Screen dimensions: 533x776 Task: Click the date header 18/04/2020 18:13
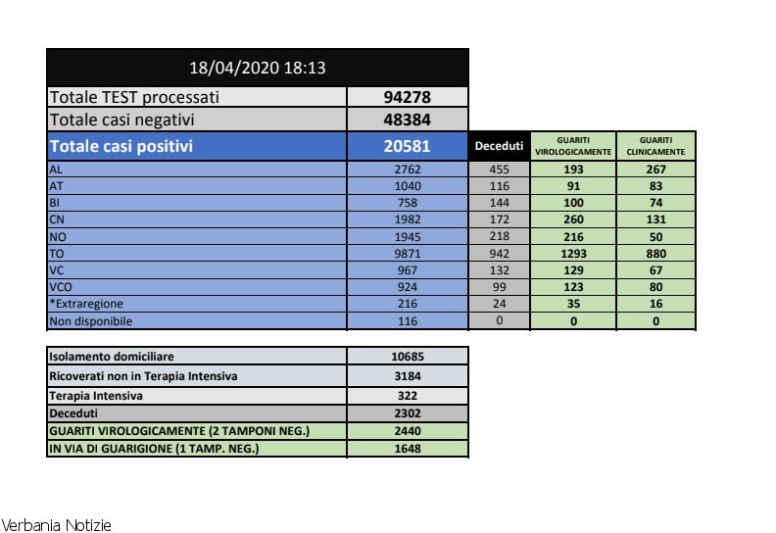pyautogui.click(x=257, y=68)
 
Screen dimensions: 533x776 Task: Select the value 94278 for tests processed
pyautogui.click(x=408, y=97)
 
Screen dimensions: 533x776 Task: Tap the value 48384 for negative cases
pyautogui.click(x=408, y=120)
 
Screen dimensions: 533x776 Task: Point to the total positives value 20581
pyautogui.click(x=408, y=146)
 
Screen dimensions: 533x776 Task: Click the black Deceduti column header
pyautogui.click(x=500, y=146)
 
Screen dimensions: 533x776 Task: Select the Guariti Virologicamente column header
pyautogui.click(x=573, y=146)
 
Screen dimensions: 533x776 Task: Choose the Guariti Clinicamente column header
pyautogui.click(x=655, y=146)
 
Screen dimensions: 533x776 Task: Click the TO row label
pyautogui.click(x=58, y=252)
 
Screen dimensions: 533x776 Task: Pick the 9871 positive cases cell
pyautogui.click(x=408, y=252)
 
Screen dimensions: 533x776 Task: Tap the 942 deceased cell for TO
pyautogui.click(x=500, y=252)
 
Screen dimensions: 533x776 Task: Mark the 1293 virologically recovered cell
pyautogui.click(x=573, y=252)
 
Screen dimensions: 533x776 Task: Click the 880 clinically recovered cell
pyautogui.click(x=655, y=252)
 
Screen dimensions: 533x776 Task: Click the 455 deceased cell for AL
pyautogui.click(x=500, y=170)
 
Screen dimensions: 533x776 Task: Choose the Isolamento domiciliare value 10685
pyautogui.click(x=408, y=357)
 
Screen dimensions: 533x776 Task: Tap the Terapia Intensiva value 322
pyautogui.click(x=408, y=396)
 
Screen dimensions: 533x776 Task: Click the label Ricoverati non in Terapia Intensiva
pyautogui.click(x=143, y=376)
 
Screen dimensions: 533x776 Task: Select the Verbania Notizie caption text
pyautogui.click(x=57, y=525)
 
